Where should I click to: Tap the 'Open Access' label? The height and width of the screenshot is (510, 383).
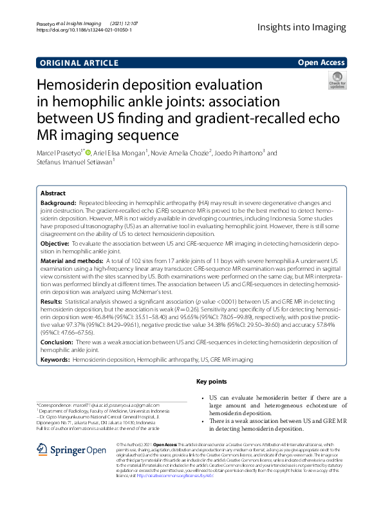(x=321, y=63)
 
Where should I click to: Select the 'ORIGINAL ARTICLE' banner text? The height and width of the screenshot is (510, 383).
(x=79, y=63)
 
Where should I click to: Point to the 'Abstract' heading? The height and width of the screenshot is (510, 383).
(x=53, y=193)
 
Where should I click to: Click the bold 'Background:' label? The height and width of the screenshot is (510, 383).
(x=58, y=202)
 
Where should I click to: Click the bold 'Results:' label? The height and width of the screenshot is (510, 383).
(x=51, y=300)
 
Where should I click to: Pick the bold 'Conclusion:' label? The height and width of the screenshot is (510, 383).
(x=57, y=342)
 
